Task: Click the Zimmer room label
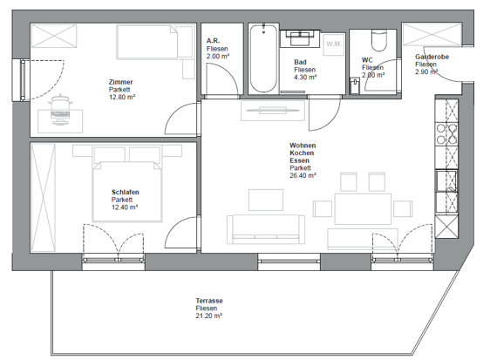pyautogui.click(x=121, y=82)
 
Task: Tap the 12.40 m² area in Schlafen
pyautogui.click(x=125, y=207)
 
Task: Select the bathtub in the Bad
pyautogui.click(x=263, y=58)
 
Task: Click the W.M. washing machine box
pyautogui.click(x=334, y=44)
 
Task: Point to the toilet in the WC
pyautogui.click(x=379, y=40)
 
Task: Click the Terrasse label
pyautogui.click(x=209, y=301)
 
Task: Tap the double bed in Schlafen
pyautogui.click(x=127, y=191)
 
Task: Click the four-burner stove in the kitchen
pyautogui.click(x=447, y=134)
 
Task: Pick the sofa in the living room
pyautogui.click(x=266, y=229)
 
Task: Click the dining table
pyautogui.click(x=363, y=209)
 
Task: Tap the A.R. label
pyautogui.click(x=214, y=41)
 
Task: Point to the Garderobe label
pyautogui.click(x=432, y=57)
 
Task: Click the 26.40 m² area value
pyautogui.click(x=303, y=175)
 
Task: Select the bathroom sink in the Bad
pyautogui.click(x=300, y=38)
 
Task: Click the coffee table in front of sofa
pyautogui.click(x=266, y=200)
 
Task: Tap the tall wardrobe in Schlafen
pyautogui.click(x=44, y=198)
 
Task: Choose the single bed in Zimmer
pyautogui.click(x=154, y=42)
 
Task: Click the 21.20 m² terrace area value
pyautogui.click(x=209, y=316)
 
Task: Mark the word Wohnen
pyautogui.click(x=303, y=146)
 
